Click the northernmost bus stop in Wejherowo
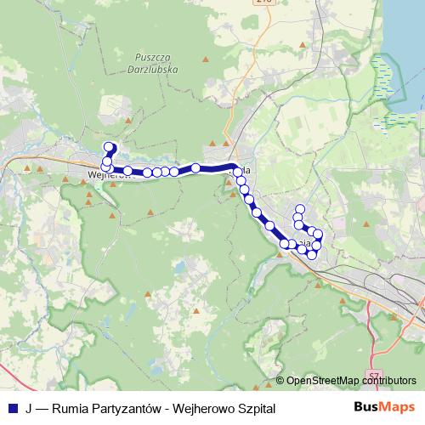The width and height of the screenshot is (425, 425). pyautogui.click(x=109, y=146)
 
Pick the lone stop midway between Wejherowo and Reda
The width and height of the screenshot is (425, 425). pyautogui.click(x=195, y=167)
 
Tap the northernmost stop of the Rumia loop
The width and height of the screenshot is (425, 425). pyautogui.click(x=299, y=208)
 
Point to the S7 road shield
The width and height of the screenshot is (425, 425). pyautogui.click(x=376, y=375)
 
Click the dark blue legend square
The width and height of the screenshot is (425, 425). pyautogui.click(x=11, y=408)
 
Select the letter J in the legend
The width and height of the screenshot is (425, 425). pyautogui.click(x=29, y=408)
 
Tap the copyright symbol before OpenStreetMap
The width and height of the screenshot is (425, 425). pyautogui.click(x=281, y=381)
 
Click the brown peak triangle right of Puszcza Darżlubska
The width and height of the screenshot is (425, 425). pyautogui.click(x=205, y=59)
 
